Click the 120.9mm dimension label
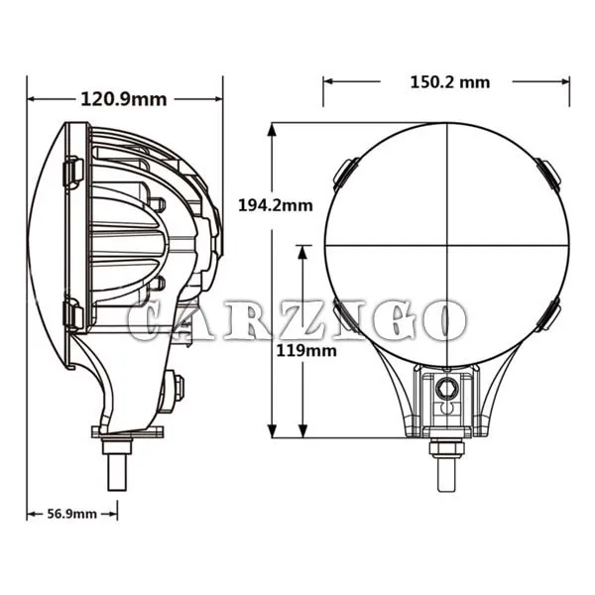point(124,99)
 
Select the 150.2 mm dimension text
point(450,82)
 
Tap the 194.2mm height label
point(276,205)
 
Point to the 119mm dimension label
point(306,351)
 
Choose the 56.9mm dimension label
point(72,514)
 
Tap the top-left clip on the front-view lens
point(345,173)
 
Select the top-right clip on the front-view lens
point(548,173)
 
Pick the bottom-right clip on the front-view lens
point(548,314)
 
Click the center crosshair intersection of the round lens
point(447,245)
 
